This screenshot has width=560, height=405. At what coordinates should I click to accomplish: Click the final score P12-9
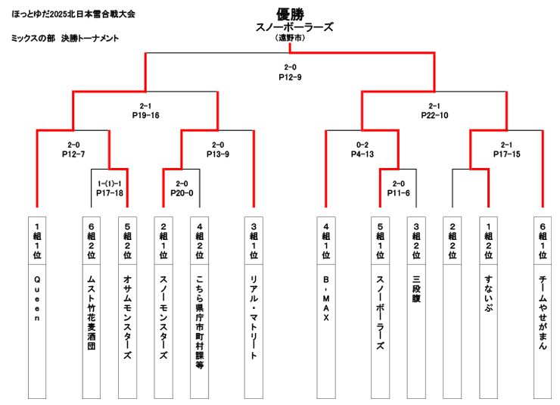[x=290, y=77]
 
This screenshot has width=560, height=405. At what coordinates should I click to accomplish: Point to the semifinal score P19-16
[x=145, y=116]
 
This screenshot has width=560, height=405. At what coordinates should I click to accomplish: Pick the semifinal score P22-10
[x=435, y=116]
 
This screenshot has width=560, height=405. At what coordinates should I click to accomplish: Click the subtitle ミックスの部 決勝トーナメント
[x=66, y=39]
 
